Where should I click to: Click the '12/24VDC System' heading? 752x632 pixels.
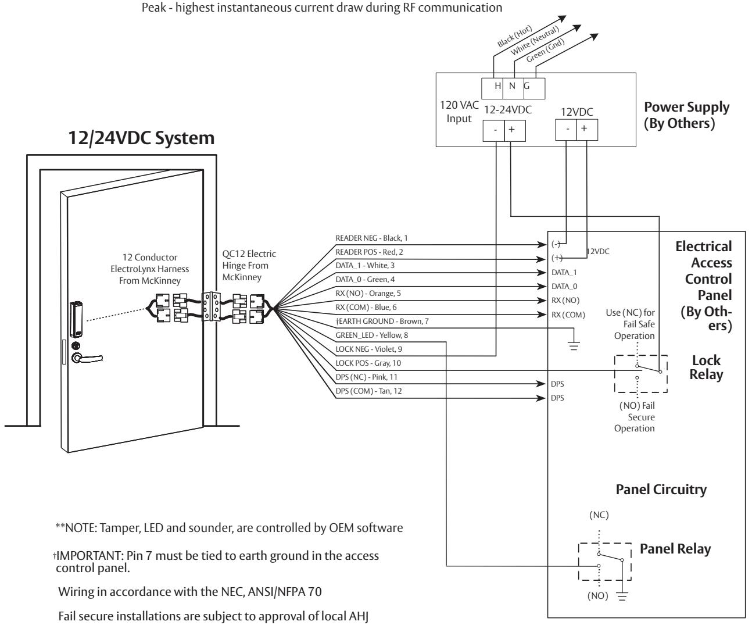click(141, 138)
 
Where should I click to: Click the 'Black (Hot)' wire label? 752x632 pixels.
click(514, 37)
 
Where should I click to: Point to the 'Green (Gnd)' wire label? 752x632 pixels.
click(545, 51)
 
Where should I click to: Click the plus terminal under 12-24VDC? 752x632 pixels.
click(515, 130)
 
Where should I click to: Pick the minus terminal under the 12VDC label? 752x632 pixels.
click(566, 129)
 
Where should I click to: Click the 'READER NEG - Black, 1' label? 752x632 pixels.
click(371, 238)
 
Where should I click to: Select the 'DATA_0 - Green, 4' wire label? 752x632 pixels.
click(365, 279)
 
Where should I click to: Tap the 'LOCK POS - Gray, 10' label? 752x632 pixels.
click(368, 363)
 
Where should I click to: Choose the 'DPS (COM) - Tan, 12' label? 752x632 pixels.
click(368, 391)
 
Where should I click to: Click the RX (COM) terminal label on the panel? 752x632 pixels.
click(568, 315)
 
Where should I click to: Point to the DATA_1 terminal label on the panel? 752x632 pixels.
click(564, 273)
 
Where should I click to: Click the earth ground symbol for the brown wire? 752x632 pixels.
click(574, 345)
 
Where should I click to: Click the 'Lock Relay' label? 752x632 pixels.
click(706, 367)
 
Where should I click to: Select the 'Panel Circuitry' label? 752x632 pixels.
click(661, 490)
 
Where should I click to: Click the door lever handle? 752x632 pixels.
click(87, 358)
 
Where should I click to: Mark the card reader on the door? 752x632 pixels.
click(76, 319)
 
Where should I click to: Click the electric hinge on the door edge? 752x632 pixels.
click(211, 306)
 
